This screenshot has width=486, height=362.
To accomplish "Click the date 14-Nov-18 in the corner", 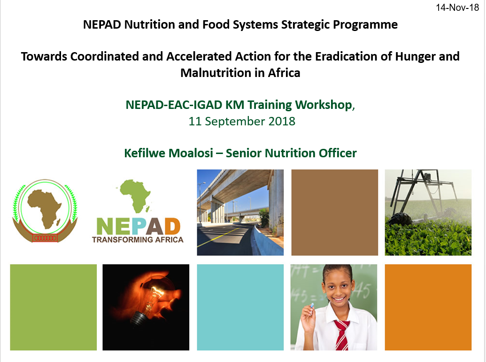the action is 457,8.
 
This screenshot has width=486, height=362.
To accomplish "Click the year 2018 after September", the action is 282,121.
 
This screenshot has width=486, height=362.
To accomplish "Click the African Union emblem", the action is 45,211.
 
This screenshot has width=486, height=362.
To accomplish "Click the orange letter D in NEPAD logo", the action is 172,226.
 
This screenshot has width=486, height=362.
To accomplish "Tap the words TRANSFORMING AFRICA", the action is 138,239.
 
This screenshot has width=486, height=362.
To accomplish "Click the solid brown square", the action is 335,212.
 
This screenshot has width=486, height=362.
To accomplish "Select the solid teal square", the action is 240,307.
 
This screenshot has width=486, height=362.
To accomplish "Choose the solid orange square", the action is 428,307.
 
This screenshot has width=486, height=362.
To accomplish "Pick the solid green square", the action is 54,307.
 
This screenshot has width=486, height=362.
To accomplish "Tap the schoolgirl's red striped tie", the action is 341,335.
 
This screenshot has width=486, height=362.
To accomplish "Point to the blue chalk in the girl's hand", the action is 312,306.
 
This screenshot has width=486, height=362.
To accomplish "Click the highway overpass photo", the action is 240,212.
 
